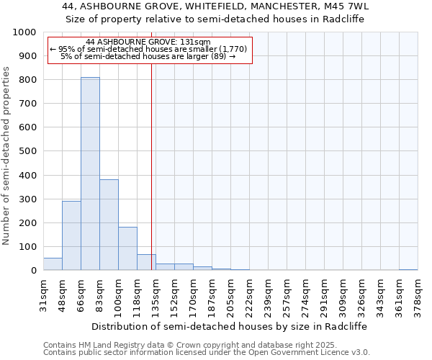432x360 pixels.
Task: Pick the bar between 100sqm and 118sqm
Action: [127, 248]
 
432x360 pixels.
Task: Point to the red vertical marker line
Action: [151, 166]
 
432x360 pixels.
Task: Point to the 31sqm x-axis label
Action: [43, 292]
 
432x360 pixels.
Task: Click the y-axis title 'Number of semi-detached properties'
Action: [6, 156]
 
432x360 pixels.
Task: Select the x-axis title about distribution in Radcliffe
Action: [230, 326]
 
